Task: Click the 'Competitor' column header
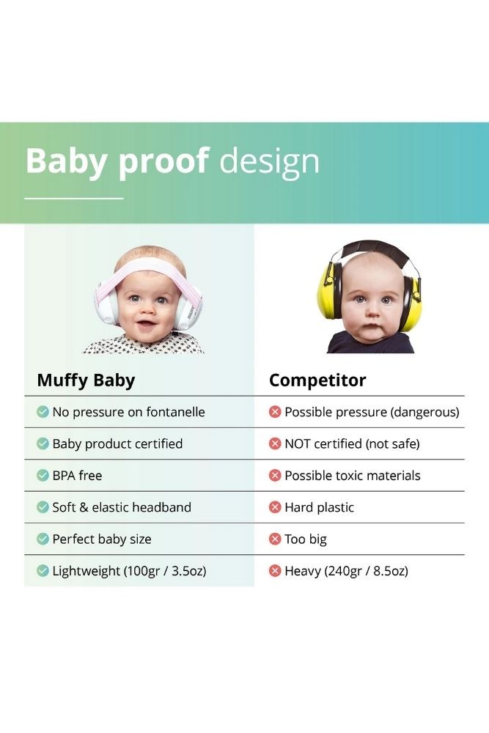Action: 317,380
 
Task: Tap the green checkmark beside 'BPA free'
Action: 43,476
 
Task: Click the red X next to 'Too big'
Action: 275,539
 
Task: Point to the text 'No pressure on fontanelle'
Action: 128,412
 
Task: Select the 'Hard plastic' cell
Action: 320,507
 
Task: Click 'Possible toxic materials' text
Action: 353,476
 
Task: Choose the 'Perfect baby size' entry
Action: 102,539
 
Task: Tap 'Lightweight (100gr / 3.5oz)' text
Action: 130,571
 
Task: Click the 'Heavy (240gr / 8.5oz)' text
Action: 347,571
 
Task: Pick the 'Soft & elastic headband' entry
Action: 122,507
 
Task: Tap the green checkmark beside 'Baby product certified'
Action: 43,443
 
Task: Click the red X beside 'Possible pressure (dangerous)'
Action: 275,412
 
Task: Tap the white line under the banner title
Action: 74,199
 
